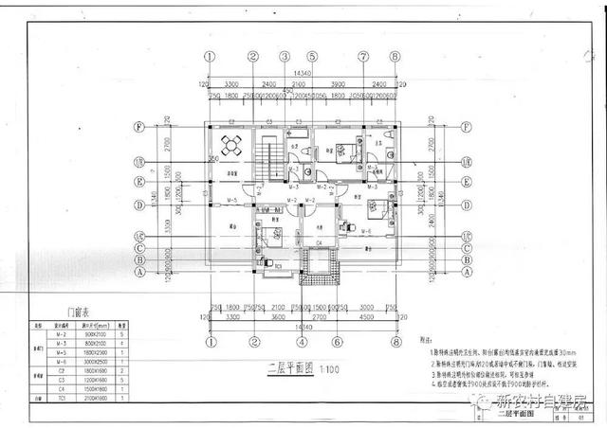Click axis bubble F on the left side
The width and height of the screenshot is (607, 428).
click(138, 126)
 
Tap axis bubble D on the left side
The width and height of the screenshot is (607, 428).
click(138, 203)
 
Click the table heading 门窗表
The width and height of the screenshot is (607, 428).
click(78, 312)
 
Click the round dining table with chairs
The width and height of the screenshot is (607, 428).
click(231, 145)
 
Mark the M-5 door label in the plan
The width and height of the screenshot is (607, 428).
click(230, 201)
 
